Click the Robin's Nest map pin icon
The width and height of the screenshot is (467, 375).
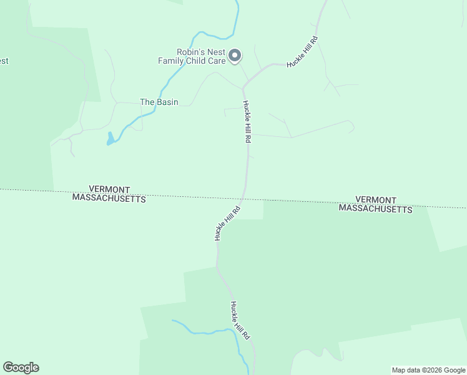point(235,56)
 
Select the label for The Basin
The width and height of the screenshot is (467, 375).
point(159,102)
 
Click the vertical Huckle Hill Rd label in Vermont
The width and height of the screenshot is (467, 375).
point(247,122)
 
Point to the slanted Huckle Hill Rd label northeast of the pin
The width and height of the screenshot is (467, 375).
point(302,52)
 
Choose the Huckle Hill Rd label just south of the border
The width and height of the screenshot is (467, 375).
point(227,224)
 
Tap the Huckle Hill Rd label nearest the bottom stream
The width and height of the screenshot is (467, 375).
point(240,321)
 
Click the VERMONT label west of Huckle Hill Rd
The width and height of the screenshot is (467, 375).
point(109,189)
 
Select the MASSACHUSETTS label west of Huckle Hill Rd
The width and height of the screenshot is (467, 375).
point(109,198)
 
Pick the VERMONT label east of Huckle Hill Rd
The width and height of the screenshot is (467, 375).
point(376,199)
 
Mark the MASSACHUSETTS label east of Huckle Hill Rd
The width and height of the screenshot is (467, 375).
point(376,209)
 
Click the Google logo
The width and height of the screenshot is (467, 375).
point(21,367)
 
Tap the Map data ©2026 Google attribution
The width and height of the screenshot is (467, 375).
point(428,370)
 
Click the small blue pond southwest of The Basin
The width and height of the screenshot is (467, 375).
point(111,139)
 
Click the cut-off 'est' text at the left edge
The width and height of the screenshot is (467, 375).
point(4,61)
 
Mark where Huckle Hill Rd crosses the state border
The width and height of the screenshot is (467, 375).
point(244,197)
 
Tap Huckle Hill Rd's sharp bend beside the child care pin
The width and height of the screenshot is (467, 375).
point(243,86)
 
